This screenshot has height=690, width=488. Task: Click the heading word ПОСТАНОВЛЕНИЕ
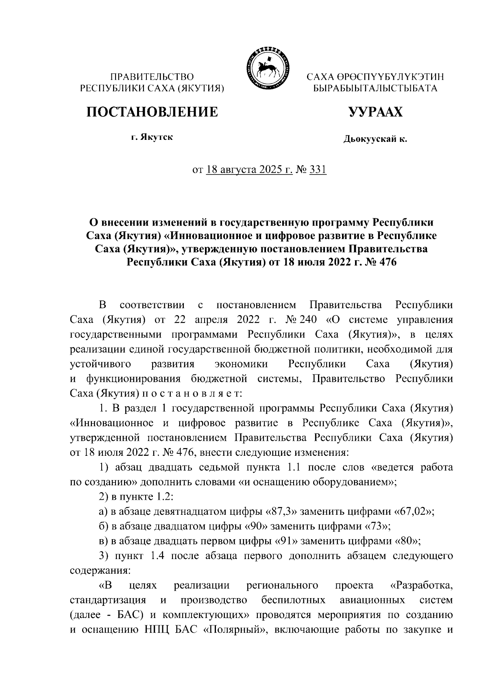(x=152, y=111)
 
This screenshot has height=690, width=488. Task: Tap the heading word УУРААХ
(x=375, y=111)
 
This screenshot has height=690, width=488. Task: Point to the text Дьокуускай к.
(x=375, y=140)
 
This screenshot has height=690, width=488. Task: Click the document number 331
(x=318, y=170)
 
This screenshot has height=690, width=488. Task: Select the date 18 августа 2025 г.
(x=249, y=170)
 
